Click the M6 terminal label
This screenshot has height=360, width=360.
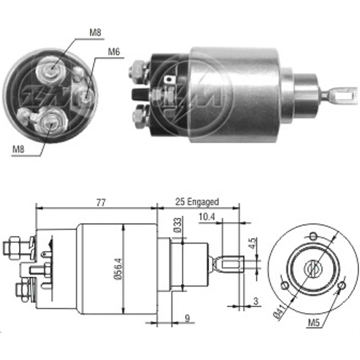point(113,51)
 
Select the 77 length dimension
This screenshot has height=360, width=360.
point(101,203)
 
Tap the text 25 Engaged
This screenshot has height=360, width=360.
point(197,202)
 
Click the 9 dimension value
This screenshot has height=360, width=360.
point(188,318)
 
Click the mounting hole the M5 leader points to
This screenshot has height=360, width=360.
point(342,286)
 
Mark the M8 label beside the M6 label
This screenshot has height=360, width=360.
point(95,32)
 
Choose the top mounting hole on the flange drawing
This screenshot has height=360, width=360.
point(313,236)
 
